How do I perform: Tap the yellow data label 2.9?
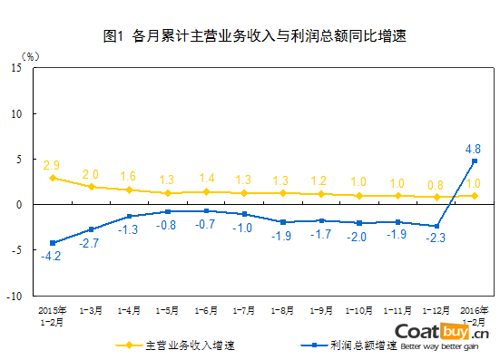pos(52,166)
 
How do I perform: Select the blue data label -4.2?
pos(51,257)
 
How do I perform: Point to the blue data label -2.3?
pos(436,238)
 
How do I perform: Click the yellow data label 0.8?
pos(436,184)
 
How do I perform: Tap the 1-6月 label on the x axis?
pos(206,310)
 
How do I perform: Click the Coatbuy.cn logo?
pos(444,334)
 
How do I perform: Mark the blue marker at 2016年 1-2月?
pos(474,161)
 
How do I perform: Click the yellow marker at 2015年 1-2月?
pos(52,178)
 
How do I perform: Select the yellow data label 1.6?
pos(128,177)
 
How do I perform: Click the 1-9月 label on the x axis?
pos(320,310)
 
